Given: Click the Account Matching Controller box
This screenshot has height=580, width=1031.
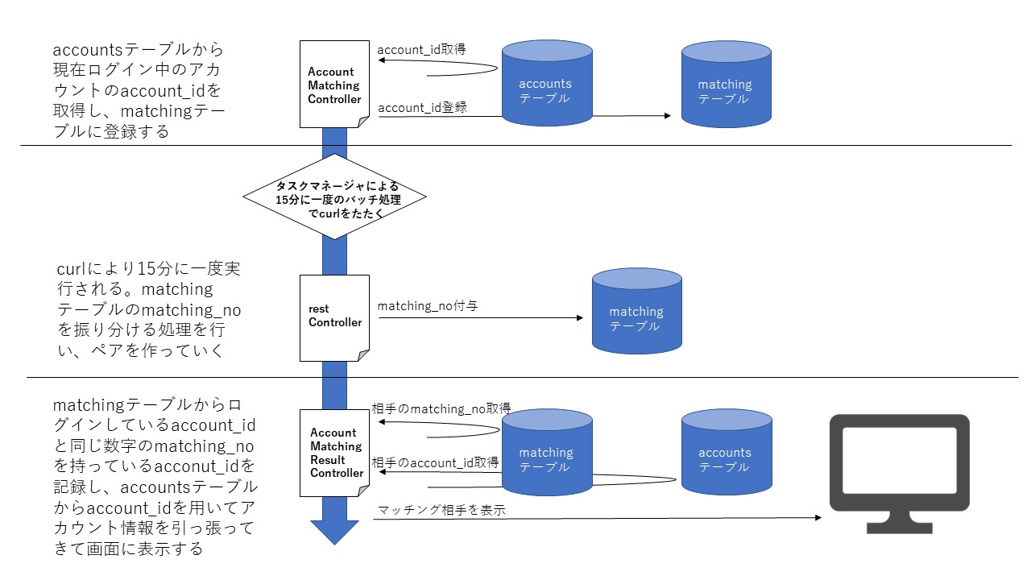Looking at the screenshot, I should tap(334, 85).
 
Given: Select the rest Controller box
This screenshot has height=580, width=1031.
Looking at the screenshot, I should tap(334, 317).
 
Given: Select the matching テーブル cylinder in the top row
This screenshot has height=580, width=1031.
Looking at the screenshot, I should tap(725, 85).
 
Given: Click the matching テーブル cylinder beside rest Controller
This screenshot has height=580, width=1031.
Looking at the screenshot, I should tap(636, 313).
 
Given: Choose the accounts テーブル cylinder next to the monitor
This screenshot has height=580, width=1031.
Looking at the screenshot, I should tap(725, 453).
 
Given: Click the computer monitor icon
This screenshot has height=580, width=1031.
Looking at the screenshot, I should tap(899, 471).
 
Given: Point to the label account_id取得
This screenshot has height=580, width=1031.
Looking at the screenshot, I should tap(421, 49).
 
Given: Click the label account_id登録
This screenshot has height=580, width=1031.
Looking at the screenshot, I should tap(422, 107).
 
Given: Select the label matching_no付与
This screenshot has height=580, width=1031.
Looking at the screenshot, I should tap(428, 305).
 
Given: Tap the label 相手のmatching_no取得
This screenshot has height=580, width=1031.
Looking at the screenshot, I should tap(441, 409).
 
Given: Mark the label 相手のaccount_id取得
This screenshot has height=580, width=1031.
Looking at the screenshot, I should tap(435, 462).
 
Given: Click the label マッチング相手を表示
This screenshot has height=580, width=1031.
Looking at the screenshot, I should tap(441, 509).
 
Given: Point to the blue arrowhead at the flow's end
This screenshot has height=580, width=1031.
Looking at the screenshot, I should tap(334, 532).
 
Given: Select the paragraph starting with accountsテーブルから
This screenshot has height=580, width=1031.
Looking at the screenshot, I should tap(137, 90).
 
